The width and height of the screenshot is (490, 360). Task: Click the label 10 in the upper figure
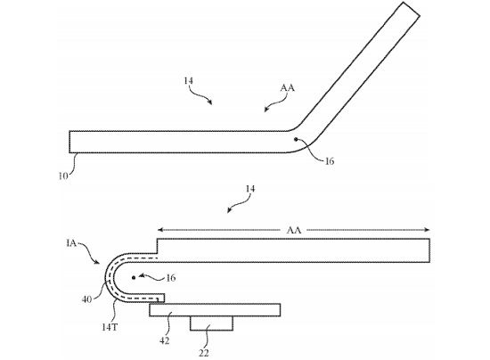63,176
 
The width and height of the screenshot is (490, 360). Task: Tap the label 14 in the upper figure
189,81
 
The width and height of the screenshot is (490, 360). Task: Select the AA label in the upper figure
287,88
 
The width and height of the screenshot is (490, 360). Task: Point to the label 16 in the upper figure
330,161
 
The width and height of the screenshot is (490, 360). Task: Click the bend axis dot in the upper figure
296,139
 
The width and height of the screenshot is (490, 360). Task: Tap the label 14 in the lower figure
250,189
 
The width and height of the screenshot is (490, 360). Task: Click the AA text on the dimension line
294,230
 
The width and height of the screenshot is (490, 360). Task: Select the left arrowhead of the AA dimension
160,230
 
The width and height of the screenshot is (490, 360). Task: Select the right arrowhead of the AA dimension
427,230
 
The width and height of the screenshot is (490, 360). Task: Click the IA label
71,243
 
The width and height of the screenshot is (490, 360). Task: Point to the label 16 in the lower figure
171,277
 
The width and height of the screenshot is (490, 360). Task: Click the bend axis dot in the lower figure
134,277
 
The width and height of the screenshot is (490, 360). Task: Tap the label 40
87,299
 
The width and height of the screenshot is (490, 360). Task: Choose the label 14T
110,327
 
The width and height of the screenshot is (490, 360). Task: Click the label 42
165,340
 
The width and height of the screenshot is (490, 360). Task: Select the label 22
204,353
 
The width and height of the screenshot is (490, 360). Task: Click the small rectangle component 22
211,323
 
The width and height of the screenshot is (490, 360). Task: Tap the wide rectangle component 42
215,310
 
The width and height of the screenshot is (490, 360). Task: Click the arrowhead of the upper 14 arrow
211,102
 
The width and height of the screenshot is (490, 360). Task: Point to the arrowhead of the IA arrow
98,263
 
